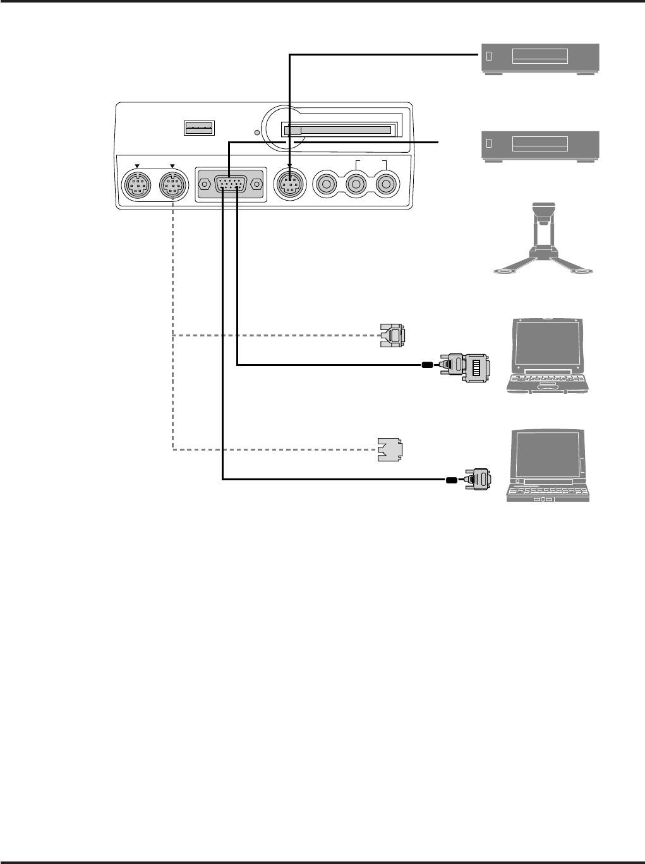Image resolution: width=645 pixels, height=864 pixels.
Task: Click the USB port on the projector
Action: pyautogui.click(x=199, y=128)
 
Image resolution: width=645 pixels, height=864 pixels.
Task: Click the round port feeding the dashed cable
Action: pyautogui.click(x=172, y=186)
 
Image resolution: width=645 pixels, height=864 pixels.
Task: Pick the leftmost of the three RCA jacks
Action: pyautogui.click(x=327, y=185)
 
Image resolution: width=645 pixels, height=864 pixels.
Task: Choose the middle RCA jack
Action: pyautogui.click(x=356, y=185)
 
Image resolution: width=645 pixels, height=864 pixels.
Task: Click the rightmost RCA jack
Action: pyautogui.click(x=385, y=185)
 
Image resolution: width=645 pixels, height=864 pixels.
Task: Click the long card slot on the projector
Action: pyautogui.click(x=338, y=130)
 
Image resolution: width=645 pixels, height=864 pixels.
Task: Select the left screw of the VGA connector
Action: pyautogui.click(x=204, y=185)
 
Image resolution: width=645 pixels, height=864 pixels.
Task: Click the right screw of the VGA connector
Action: pyautogui.click(x=256, y=185)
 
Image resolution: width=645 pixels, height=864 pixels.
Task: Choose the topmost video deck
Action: pyautogui.click(x=540, y=58)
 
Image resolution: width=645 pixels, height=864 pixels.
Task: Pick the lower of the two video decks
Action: pyautogui.click(x=540, y=146)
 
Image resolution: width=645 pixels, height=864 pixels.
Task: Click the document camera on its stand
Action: pyautogui.click(x=544, y=240)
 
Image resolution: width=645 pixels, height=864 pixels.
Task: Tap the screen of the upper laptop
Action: pyautogui.click(x=549, y=341)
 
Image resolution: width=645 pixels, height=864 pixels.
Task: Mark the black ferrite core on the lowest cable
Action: pyautogui.click(x=450, y=480)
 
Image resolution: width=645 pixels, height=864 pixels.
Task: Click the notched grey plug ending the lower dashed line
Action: pyautogui.click(x=392, y=449)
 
